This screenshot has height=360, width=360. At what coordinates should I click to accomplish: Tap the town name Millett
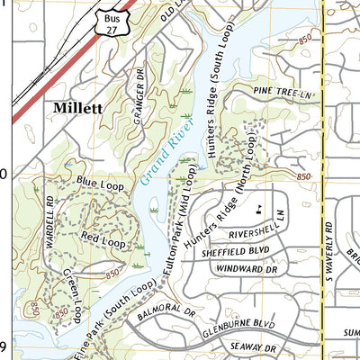(x=78, y=107)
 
